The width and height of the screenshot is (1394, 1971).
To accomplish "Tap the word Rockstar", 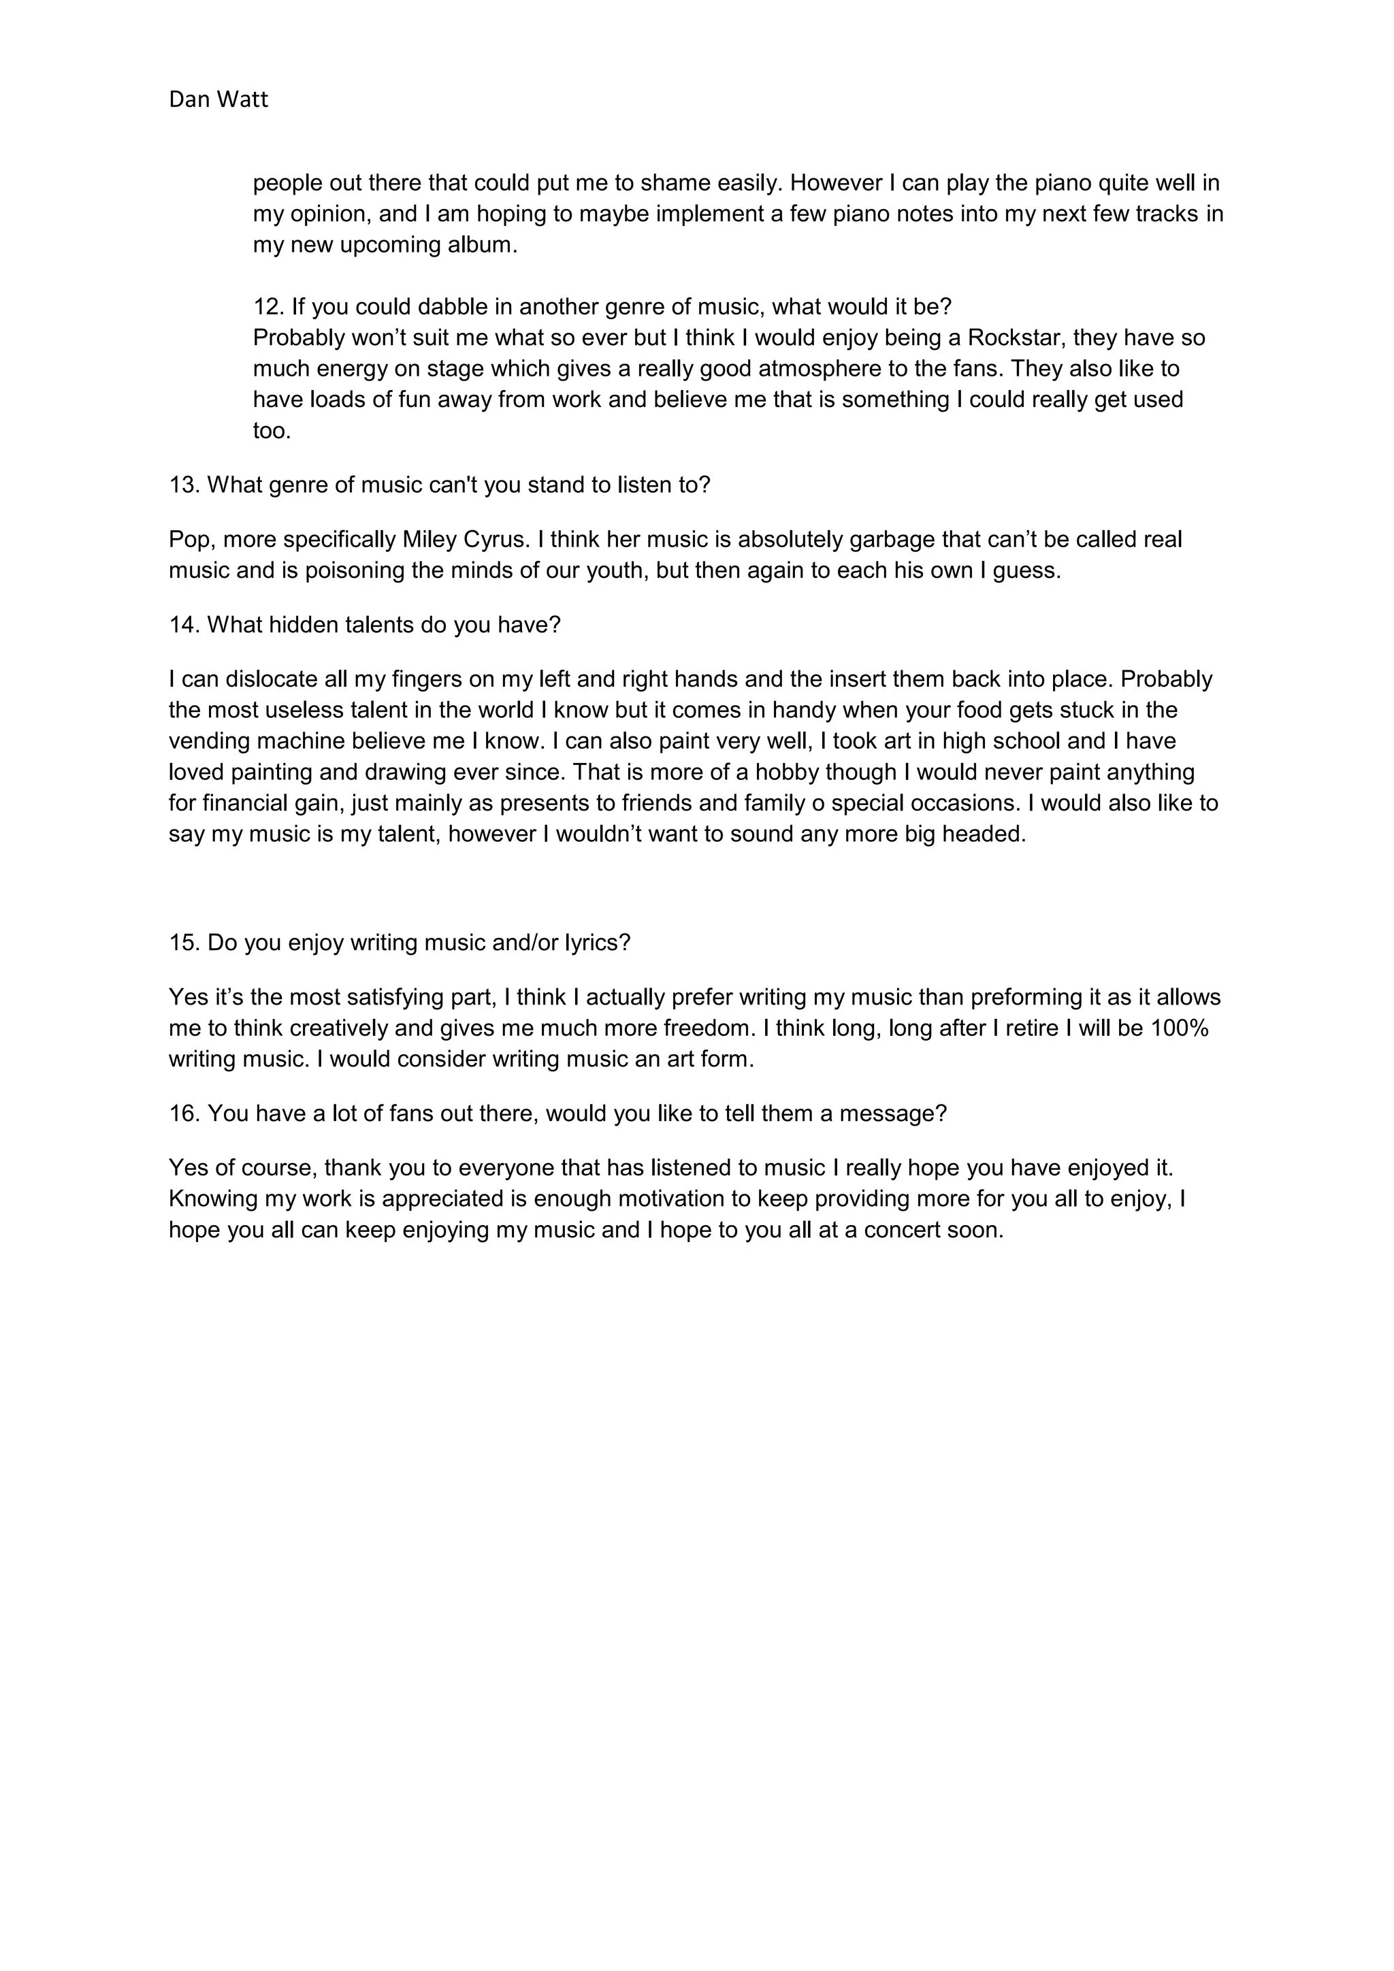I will (x=1016, y=338).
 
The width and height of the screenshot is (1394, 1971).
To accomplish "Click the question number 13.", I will (x=184, y=485).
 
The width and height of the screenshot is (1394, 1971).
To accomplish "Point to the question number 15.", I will (x=184, y=943).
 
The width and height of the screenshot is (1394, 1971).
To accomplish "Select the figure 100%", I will (x=1180, y=1028).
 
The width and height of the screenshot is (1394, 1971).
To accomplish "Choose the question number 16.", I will (x=184, y=1113).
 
